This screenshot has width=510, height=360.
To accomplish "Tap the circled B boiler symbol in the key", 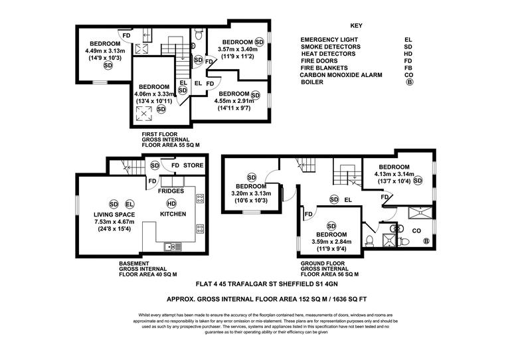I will point(408,83).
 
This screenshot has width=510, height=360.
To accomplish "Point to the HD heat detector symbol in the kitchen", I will point(171,203).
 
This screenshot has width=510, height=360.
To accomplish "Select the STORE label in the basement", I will point(194,165).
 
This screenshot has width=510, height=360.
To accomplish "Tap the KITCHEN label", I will point(172,214).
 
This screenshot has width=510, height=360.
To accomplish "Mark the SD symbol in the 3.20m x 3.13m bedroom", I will point(251,177).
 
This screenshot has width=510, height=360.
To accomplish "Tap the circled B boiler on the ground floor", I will point(426,240).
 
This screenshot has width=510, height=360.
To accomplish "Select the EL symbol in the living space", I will point(129,203).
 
